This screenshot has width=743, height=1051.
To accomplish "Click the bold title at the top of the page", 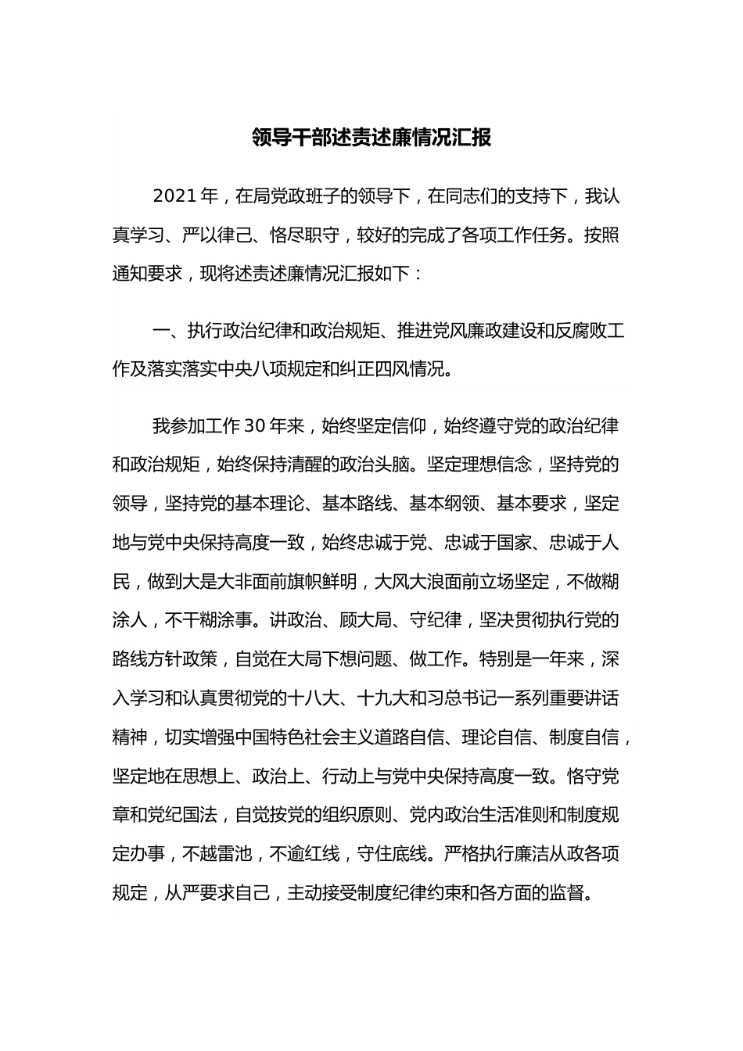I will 371,138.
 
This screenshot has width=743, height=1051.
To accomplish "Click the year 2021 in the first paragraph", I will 175,196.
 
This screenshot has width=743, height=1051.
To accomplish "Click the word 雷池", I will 234,854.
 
